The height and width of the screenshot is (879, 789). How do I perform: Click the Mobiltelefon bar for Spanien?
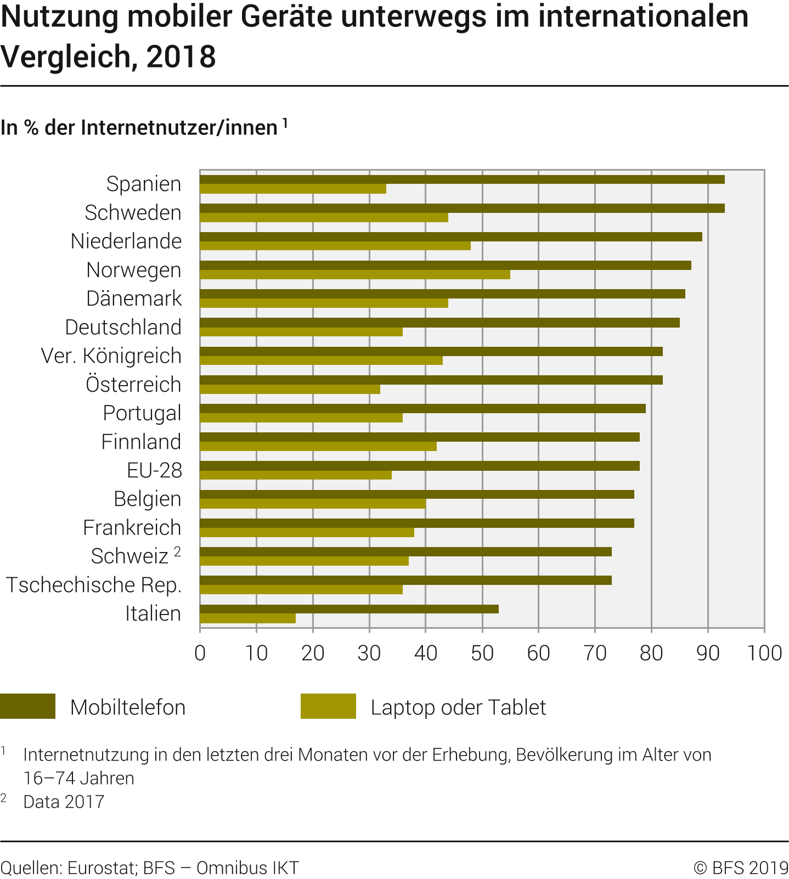[x=462, y=179]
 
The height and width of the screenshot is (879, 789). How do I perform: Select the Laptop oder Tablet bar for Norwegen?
[x=355, y=274]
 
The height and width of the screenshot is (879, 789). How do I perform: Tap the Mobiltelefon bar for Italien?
[x=349, y=609]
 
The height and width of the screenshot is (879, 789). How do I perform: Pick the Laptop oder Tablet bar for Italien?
[x=247, y=618]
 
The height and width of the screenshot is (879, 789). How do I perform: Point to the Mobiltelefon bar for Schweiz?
[x=405, y=551]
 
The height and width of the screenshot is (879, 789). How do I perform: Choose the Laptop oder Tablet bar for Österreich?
[x=290, y=389]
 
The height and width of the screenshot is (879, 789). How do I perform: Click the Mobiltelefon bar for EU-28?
[x=420, y=466]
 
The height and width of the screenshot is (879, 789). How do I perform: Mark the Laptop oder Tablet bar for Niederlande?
[x=335, y=246]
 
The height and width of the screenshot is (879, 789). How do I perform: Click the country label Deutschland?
[x=123, y=327]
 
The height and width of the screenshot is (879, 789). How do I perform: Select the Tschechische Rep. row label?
[x=94, y=585]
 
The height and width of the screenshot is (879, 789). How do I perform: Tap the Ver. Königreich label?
[x=111, y=356]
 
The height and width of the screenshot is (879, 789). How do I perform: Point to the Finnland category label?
[x=141, y=442]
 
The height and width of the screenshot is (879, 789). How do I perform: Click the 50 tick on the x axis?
[x=482, y=653]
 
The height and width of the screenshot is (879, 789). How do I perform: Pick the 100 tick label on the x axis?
[x=764, y=653]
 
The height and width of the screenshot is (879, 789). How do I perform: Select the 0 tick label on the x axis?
[x=200, y=653]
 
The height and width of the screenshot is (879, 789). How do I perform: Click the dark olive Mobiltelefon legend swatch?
[x=28, y=706]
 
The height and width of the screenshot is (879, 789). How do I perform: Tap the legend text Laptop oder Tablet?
[x=458, y=707]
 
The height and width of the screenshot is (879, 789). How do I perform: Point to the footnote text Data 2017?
[x=64, y=802]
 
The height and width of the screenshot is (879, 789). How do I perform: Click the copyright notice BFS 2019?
[x=741, y=867]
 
